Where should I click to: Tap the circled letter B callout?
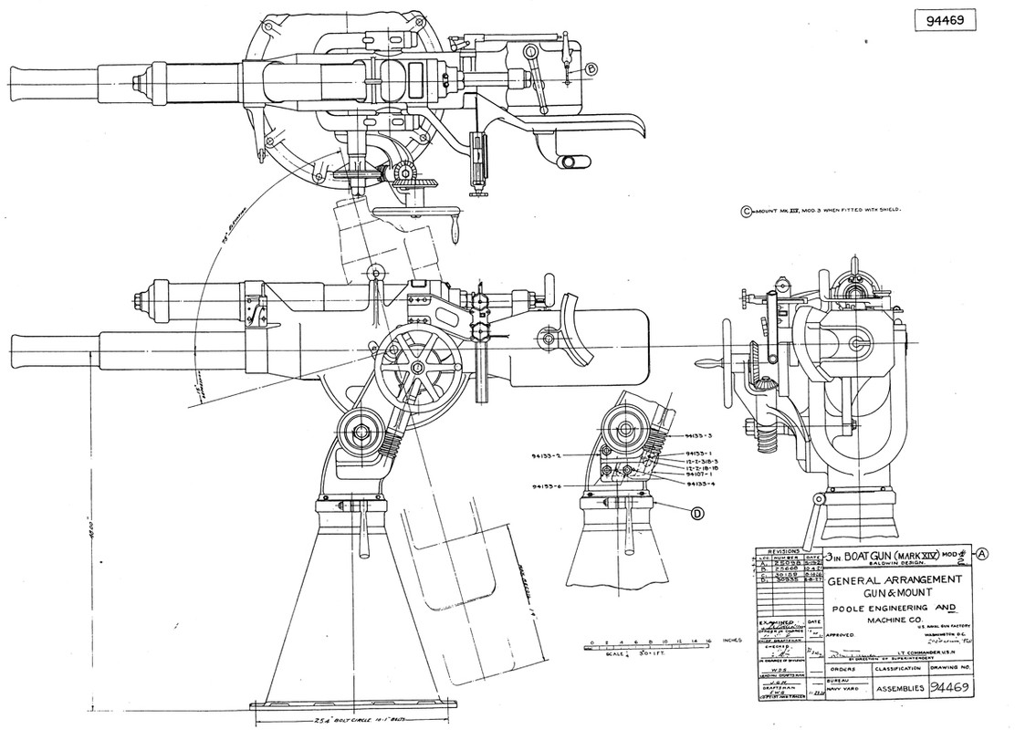pos(591,68)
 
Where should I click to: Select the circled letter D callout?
pos(696,514)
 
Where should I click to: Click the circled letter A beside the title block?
pos(982,552)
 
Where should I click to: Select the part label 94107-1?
pos(699,475)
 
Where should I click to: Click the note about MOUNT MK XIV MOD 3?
pos(826,210)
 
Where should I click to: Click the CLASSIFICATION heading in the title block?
pos(900,669)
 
